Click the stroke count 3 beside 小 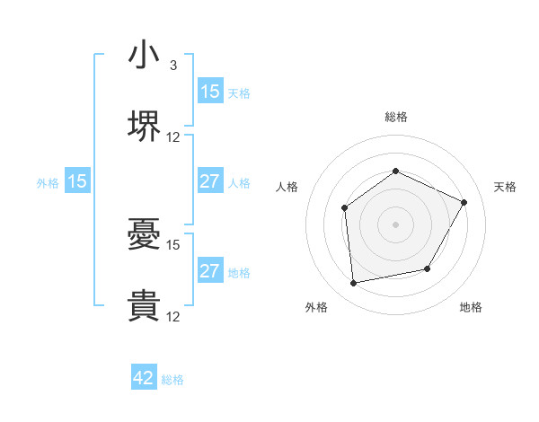pos(173,66)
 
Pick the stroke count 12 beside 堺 pos(173,137)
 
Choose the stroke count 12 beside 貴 pos(173,316)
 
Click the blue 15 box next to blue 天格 pos(209,92)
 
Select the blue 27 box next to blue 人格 pos(209,181)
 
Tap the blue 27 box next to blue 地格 pos(209,271)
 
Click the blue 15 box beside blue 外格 pos(77,181)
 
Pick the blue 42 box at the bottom pos(144,379)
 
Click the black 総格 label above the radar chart pos(396,117)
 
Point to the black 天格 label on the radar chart pos(505,187)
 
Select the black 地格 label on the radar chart pos(471,308)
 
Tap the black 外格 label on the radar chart pos(316,308)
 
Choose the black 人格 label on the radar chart pos(287,187)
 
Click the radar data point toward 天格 pos(464,202)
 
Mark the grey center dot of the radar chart pos(396,224)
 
